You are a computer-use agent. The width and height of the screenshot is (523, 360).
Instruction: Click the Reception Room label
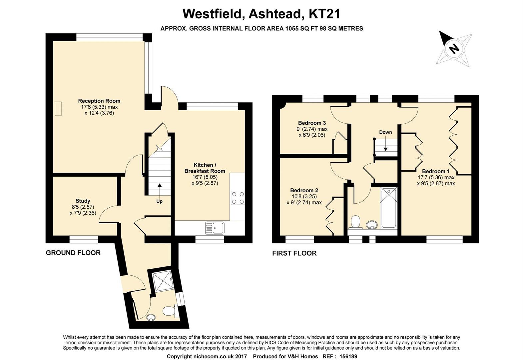(99, 101)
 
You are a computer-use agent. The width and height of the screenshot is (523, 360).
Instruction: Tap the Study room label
(83, 201)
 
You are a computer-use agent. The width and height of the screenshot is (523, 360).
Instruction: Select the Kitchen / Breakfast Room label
(205, 168)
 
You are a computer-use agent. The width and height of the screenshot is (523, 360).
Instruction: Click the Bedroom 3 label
(312, 123)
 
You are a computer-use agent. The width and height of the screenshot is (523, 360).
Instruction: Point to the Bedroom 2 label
(304, 190)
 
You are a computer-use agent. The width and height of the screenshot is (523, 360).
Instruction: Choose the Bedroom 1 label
(436, 171)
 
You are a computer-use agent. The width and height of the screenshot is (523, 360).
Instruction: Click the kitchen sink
(215, 228)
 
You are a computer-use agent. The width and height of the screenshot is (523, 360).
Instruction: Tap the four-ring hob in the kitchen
(238, 198)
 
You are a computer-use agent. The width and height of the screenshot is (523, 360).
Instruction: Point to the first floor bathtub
(388, 208)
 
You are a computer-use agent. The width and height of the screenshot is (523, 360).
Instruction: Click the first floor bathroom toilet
(355, 222)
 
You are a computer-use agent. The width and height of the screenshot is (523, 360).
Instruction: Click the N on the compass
(454, 49)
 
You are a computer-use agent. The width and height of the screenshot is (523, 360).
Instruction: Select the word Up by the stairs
(159, 201)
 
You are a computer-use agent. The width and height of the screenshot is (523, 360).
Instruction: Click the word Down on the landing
(385, 132)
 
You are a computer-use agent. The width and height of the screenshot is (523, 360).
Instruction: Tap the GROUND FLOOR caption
(73, 253)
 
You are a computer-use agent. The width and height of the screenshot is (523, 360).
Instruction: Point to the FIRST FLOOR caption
(294, 253)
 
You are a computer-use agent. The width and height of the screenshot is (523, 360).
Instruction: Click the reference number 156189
(348, 356)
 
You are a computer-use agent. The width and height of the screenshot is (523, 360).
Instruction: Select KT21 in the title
(324, 14)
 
